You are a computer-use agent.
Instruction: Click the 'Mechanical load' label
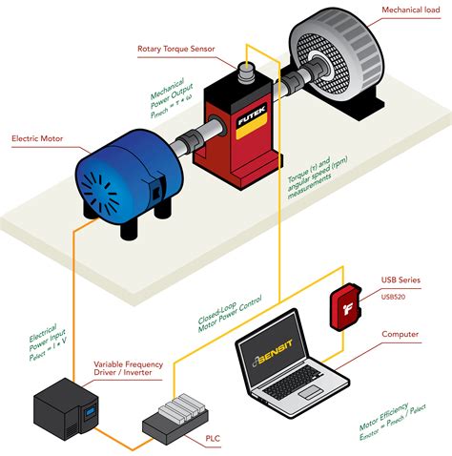tap(411, 10)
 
